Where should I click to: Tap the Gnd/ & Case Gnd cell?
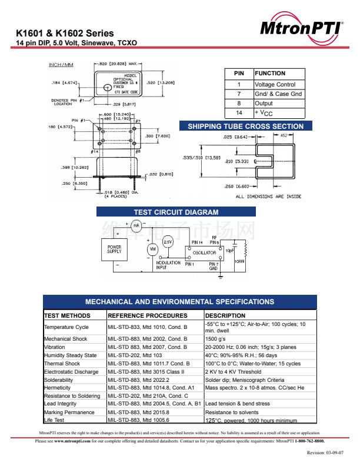click(x=278, y=94)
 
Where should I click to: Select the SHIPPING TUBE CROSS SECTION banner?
click(x=245, y=127)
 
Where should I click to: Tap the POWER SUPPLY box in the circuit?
click(x=115, y=249)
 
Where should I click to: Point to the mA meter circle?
click(x=136, y=225)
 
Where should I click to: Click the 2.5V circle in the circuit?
click(x=168, y=242)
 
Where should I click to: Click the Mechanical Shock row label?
click(x=65, y=339)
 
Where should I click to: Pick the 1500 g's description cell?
click(x=215, y=339)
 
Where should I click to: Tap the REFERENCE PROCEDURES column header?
click(x=146, y=316)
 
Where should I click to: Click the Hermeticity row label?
click(x=59, y=388)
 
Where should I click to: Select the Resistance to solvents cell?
click(x=232, y=412)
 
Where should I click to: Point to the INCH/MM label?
click(x=61, y=64)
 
